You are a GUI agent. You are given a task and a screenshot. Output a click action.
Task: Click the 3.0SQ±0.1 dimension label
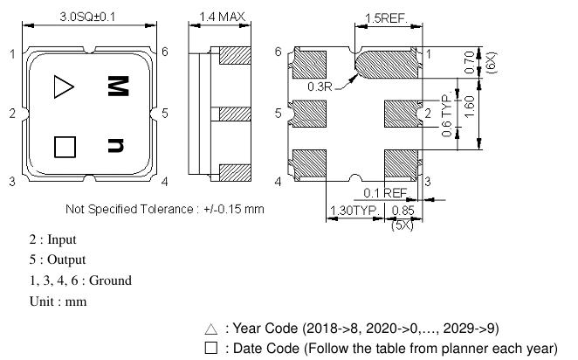point(92,17)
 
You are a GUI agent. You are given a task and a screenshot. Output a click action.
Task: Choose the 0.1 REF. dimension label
point(383,191)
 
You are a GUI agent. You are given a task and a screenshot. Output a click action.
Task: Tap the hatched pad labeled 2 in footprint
point(402,113)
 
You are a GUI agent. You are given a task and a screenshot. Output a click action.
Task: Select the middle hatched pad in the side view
point(233,114)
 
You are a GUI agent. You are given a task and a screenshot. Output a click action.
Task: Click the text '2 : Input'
point(52,239)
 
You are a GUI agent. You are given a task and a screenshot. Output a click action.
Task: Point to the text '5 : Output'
point(56,260)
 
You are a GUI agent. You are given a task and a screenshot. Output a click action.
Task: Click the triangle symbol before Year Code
point(210,329)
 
